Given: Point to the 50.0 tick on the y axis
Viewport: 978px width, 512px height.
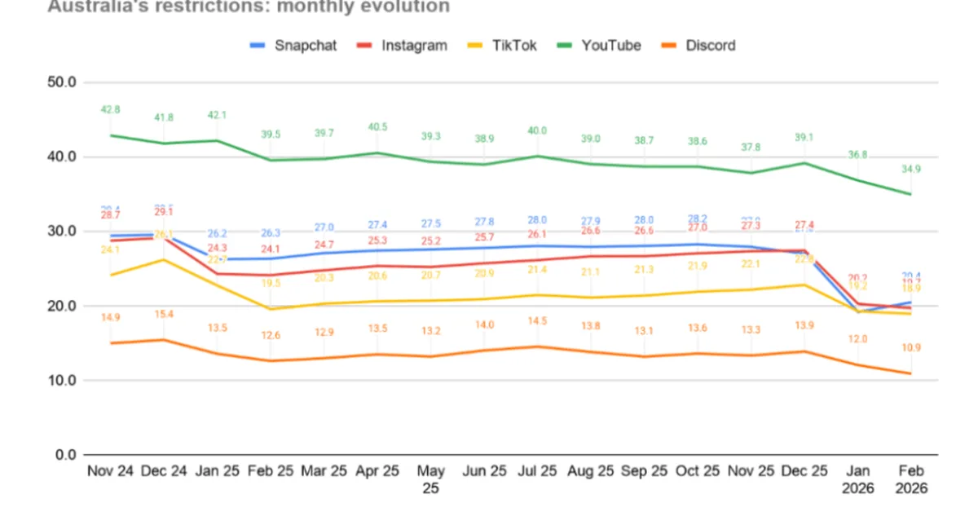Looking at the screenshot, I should point(62,82).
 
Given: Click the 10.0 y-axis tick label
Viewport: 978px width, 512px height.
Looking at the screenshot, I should point(62,381).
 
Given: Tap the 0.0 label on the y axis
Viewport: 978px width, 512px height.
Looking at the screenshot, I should point(65,455).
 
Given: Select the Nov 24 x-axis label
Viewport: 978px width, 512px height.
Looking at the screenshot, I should point(111,472).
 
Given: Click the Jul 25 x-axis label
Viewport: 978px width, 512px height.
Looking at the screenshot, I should point(537,472).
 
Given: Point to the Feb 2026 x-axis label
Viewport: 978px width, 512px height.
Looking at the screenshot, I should point(910,479).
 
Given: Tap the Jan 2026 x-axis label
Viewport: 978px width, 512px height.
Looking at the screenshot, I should point(857,479).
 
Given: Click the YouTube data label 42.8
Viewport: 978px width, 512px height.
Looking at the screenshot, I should point(111,109).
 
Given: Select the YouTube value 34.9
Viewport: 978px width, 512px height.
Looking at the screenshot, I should point(910,169).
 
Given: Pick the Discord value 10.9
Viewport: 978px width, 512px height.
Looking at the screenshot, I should point(910,348).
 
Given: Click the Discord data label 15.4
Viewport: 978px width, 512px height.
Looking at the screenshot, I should point(165,314).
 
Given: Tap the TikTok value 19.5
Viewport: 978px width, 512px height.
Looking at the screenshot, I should point(271,283).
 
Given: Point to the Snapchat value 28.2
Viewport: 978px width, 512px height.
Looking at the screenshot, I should point(697,218).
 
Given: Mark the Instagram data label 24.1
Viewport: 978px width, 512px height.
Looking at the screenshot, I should point(271,249).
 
